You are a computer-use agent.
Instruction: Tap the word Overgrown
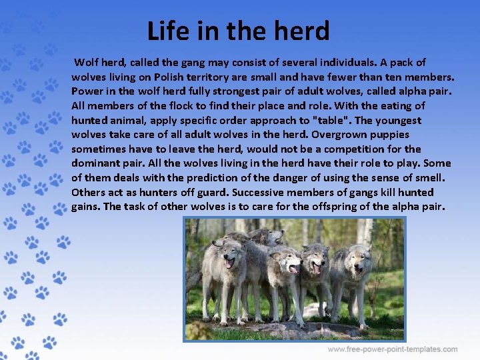(349, 135)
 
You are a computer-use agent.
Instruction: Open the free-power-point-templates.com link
(393, 349)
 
